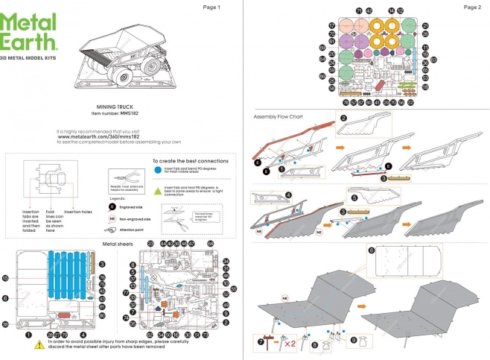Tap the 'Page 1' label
coord(211,7)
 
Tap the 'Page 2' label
coord(471,7)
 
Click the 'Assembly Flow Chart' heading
coord(279,117)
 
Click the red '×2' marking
coord(287,345)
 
